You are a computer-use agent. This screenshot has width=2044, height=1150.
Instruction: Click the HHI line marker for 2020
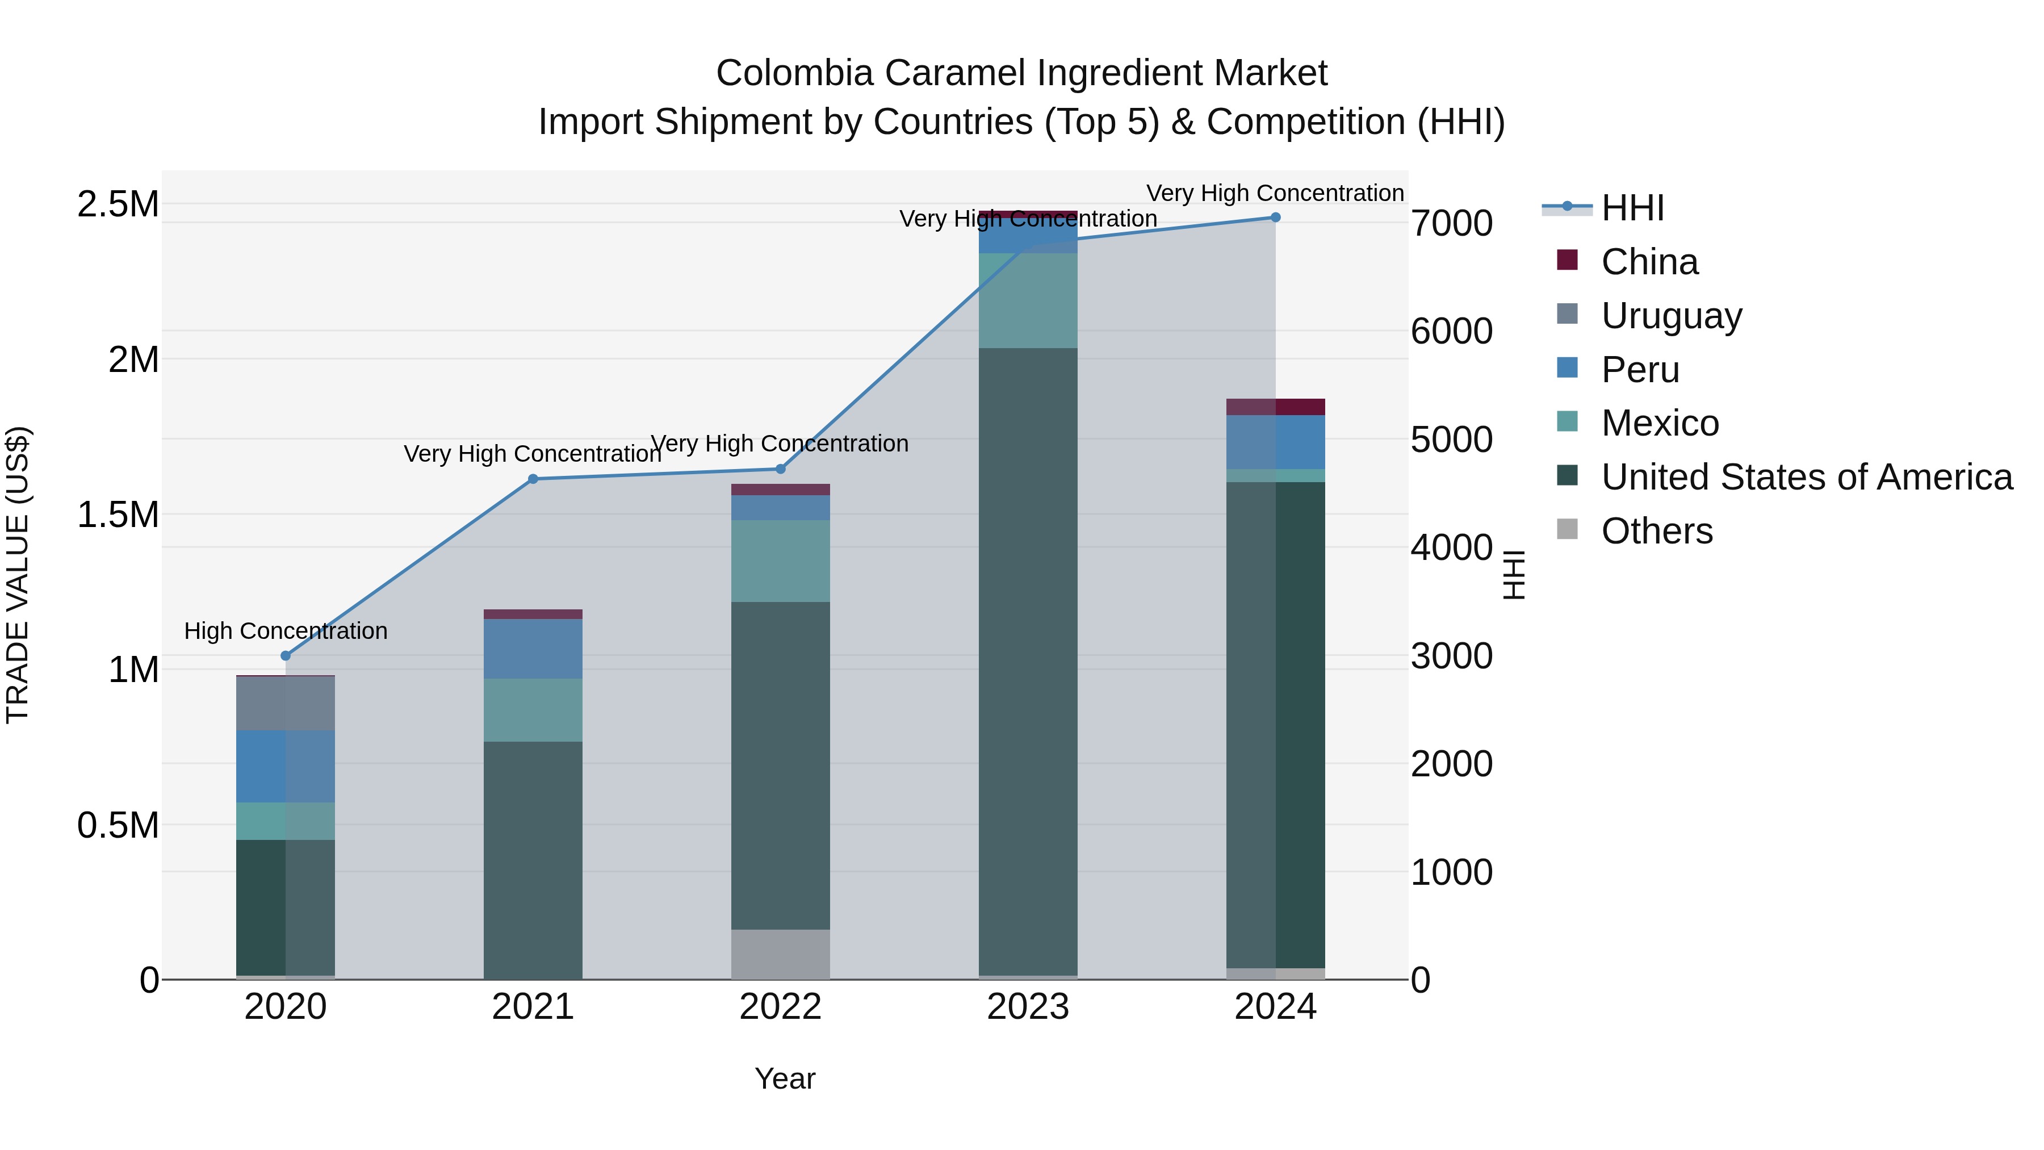coord(286,655)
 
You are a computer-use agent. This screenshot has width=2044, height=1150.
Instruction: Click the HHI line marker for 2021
coord(533,479)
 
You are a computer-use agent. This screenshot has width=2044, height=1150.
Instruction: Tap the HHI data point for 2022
coord(780,469)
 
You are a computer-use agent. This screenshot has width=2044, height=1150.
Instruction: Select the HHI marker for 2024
coord(1275,218)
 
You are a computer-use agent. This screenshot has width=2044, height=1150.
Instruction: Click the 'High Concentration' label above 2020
coord(286,631)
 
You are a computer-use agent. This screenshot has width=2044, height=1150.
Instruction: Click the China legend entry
coord(1649,262)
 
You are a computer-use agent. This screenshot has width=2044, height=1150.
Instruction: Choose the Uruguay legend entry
coord(1670,316)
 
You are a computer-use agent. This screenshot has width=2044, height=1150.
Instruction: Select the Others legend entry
coord(1656,531)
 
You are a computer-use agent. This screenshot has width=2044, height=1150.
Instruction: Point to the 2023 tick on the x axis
coord(1028,1007)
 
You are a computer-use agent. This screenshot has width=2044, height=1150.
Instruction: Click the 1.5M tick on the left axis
coord(118,515)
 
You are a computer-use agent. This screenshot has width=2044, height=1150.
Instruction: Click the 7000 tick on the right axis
coord(1451,223)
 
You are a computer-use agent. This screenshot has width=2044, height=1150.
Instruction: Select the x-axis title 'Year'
coord(785,1078)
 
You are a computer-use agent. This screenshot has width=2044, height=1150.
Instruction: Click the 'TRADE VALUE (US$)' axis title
coord(18,575)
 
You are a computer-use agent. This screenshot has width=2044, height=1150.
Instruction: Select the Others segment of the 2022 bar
coord(780,954)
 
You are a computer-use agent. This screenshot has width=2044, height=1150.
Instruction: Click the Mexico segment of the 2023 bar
coord(1028,300)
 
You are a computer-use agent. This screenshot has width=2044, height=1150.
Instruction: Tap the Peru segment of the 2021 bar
coord(533,649)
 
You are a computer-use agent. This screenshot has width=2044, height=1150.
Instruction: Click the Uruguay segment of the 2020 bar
coord(286,703)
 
